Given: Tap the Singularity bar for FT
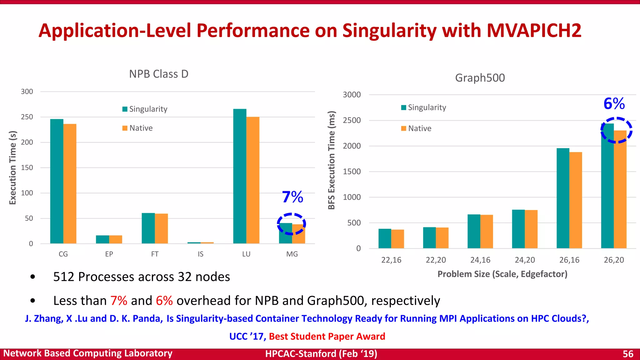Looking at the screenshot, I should coord(148,228).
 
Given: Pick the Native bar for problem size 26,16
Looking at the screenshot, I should coord(576,200).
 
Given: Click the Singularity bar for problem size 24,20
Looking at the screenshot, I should coord(518,229).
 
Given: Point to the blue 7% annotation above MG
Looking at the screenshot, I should coord(292,197).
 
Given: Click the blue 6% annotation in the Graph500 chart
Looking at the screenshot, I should coord(614,103).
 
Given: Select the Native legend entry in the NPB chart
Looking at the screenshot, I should coord(137,128).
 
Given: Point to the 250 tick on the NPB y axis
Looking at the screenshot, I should coord(27,117).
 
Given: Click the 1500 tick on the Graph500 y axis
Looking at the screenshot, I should coord(352,172).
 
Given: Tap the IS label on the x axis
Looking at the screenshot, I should coord(200,254).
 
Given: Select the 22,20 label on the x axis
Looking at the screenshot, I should coord(436,260).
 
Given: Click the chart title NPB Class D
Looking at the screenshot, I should coord(159,74).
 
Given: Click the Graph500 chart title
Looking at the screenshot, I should coord(480,78).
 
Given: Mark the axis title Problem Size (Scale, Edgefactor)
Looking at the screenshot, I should coord(502,274).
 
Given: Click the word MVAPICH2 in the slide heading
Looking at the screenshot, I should coord(534,31).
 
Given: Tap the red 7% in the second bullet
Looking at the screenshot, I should coord(119,301).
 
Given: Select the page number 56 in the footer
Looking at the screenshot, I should coord(628,354).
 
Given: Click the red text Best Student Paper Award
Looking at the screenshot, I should coord(327,336).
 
